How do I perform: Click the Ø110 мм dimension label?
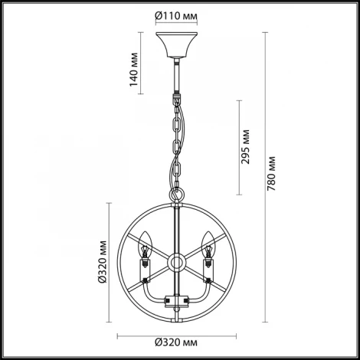coord(176,16)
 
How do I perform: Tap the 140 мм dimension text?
coord(134,70)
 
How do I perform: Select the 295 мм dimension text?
coord(245,147)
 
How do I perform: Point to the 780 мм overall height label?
coord(271,174)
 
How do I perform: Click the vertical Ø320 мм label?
coord(102,262)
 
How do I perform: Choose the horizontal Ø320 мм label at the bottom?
coord(176,342)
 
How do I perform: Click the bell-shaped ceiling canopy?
coord(176,44)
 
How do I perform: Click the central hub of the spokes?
coord(176,263)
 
